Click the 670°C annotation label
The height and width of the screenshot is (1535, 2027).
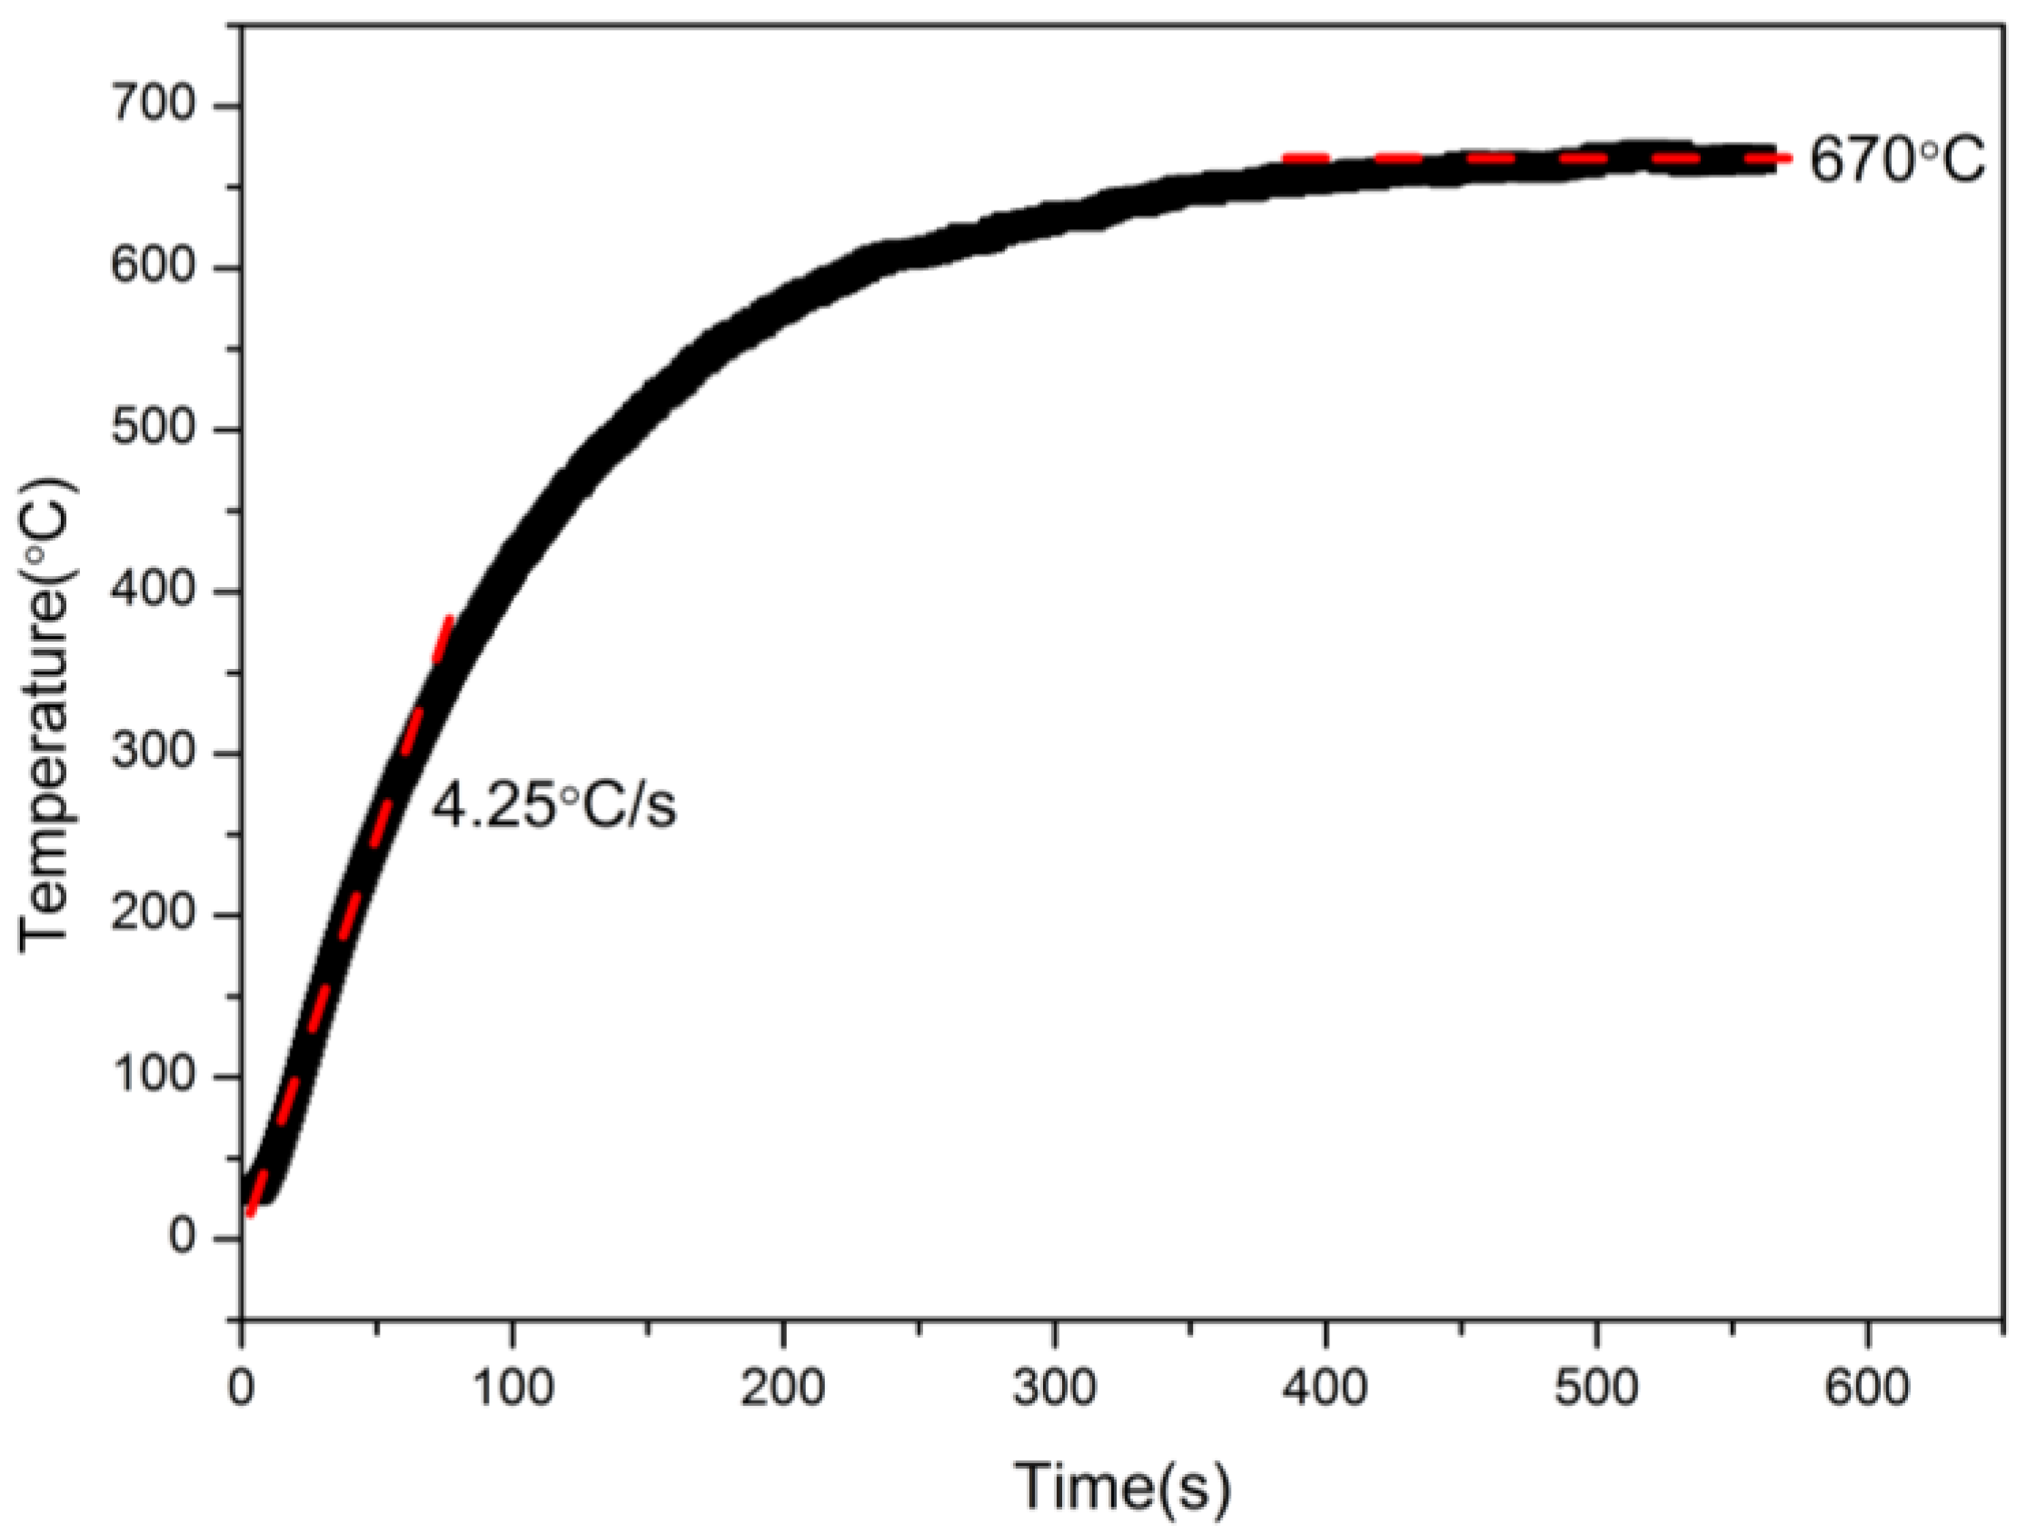[x=1897, y=162]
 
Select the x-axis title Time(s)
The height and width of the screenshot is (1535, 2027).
[x=1122, y=1486]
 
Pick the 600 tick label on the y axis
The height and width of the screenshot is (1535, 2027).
[x=153, y=268]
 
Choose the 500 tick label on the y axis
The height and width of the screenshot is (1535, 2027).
[x=153, y=430]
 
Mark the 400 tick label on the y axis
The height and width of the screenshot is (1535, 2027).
[x=153, y=591]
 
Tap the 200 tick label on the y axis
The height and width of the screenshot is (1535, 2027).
[x=153, y=914]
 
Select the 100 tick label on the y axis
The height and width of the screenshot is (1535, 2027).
[x=153, y=1076]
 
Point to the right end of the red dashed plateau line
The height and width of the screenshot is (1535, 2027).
[x=1787, y=158]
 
